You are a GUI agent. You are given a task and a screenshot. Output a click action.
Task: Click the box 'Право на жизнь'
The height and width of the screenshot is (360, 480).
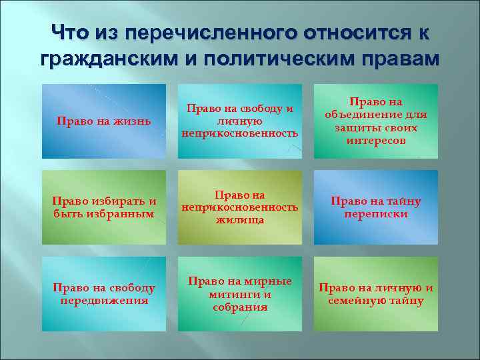[x=103, y=121]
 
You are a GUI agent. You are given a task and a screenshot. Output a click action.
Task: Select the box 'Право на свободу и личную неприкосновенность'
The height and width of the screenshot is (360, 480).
[x=240, y=121]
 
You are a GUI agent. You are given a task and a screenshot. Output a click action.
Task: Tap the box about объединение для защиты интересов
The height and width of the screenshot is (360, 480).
[x=376, y=121]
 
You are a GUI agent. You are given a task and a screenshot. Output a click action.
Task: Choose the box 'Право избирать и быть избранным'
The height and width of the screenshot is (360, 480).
[x=103, y=207]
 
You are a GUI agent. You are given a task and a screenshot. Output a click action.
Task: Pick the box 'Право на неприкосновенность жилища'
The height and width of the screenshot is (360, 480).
[x=240, y=207]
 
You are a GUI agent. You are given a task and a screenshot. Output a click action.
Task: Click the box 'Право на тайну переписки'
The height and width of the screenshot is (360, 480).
[x=376, y=207]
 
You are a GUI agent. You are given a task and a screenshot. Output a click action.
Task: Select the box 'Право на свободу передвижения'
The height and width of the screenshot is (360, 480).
[x=103, y=294]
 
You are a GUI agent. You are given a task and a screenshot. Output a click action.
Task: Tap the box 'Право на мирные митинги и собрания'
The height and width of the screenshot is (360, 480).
[x=240, y=294]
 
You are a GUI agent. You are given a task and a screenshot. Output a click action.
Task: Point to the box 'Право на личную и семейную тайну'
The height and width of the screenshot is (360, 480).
[x=376, y=294]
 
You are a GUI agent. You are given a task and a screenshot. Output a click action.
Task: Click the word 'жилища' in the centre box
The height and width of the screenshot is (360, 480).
[x=240, y=219]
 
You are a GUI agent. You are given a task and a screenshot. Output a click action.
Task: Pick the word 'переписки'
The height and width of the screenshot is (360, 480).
[x=376, y=214]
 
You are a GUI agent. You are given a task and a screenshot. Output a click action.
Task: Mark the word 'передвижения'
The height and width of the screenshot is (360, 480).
[x=103, y=300]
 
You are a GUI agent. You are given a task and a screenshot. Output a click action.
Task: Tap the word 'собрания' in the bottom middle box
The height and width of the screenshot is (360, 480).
[x=240, y=307]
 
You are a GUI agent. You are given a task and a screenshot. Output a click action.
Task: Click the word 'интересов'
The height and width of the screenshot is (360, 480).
[x=376, y=141]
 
